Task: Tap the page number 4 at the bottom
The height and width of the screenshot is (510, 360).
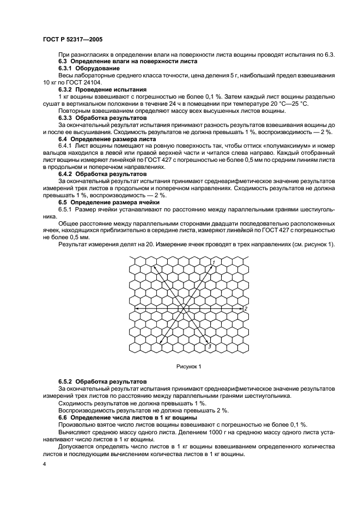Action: pos(45,463)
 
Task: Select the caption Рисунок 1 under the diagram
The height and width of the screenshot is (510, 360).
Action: pos(188,366)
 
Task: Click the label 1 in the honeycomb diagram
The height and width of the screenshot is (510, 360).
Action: pos(214,262)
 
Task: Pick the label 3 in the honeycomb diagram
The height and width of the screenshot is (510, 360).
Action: pos(210,345)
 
